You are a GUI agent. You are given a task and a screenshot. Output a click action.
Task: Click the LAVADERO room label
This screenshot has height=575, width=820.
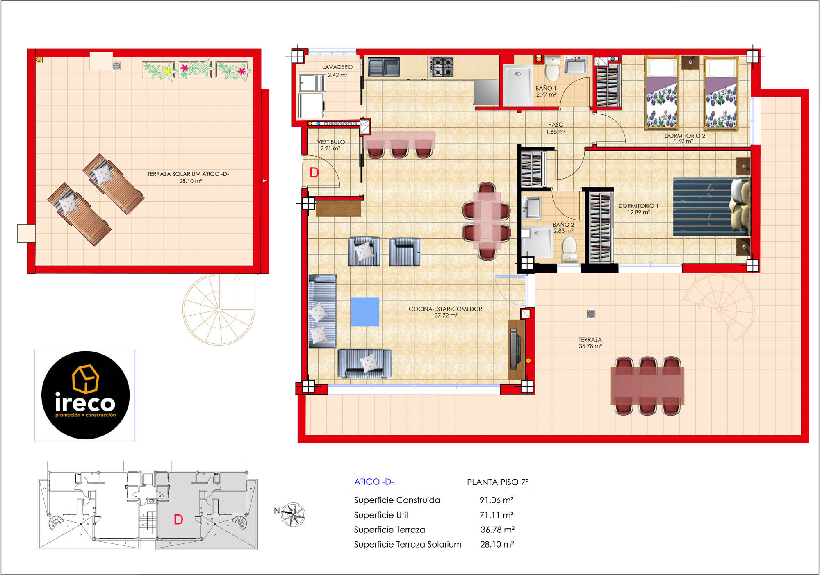pos(337,67)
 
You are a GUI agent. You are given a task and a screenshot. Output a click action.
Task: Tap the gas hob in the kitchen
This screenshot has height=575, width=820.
pos(442,67)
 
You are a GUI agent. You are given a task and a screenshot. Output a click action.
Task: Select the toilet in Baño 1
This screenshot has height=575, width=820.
pos(552,68)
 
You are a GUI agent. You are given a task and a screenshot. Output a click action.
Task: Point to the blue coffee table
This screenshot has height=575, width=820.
pos(365,312)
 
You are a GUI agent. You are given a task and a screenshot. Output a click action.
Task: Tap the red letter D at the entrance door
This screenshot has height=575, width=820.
pos(314,173)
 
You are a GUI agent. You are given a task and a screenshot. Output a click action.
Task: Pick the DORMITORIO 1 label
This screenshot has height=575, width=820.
pos(638,206)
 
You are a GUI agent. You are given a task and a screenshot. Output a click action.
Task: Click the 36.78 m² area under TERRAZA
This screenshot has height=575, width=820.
pos(590,346)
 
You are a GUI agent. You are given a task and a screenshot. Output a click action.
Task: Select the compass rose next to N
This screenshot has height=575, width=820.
pos(293,514)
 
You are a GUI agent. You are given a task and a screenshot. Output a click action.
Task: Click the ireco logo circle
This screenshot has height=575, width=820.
pos(85,395)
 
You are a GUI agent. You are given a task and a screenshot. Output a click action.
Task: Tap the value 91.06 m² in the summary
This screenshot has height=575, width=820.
pos(497,500)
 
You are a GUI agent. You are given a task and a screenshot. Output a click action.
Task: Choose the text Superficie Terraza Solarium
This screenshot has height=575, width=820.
pos(408,544)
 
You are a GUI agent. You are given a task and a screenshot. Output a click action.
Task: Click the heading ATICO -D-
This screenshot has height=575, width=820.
pos(374,482)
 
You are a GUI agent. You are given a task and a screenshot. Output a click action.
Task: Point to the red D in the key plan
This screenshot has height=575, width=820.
pos(178,520)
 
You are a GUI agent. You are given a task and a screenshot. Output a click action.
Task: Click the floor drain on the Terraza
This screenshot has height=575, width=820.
pos(591,314)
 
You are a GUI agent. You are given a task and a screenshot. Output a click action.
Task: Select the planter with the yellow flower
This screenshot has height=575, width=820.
pos(159,70)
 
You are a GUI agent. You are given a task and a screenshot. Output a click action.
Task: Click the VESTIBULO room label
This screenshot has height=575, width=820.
pos(331,142)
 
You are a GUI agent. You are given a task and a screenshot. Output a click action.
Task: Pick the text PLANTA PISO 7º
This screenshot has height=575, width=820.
pos(498,482)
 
